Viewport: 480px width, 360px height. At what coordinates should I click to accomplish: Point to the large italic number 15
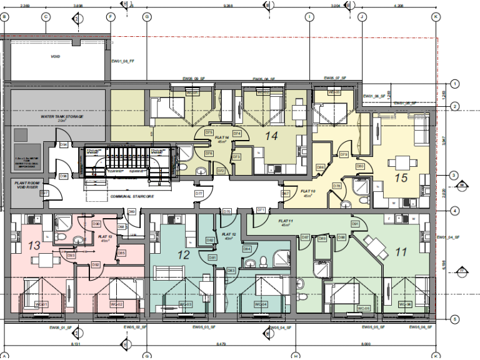(x=401, y=177)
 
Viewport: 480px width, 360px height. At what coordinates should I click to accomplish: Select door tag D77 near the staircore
(x=199, y=194)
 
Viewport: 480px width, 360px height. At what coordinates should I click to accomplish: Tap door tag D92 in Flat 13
(x=96, y=264)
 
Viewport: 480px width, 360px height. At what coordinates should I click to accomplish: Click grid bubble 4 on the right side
(x=455, y=211)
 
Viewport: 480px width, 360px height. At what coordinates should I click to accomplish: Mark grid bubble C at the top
(x=46, y=17)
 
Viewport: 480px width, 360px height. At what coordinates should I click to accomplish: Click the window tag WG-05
(x=363, y=308)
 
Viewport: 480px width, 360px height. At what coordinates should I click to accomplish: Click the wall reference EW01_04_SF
(x=447, y=237)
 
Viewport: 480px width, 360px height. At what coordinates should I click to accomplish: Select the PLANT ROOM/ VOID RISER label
(x=26, y=184)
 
